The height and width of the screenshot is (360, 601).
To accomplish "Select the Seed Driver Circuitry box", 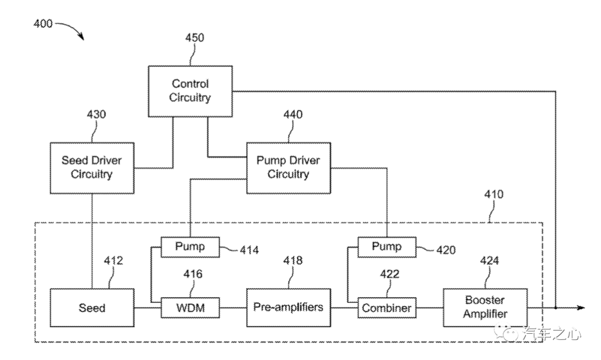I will click(92, 167).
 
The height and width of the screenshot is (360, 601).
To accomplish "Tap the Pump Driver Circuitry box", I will click(288, 167).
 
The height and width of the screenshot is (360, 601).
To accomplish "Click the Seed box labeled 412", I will click(92, 307).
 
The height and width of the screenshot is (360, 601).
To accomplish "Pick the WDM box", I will click(190, 307).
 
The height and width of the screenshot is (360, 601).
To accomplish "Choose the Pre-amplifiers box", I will click(288, 307).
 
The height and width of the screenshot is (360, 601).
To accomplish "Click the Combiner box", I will click(387, 308).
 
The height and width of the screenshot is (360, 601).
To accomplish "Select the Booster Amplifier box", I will click(485, 307).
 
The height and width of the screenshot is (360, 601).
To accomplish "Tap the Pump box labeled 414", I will click(190, 246).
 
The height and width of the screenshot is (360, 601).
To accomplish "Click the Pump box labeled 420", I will click(387, 246).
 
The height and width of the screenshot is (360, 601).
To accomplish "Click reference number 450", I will click(194, 38).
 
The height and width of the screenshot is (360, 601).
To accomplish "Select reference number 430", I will click(96, 115).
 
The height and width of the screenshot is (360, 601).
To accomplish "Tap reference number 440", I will click(293, 115).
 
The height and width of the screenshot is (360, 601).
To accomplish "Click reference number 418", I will click(293, 260).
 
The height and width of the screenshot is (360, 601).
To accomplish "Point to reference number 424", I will click(489, 260).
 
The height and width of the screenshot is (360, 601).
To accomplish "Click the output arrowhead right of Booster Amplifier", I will click(580, 307).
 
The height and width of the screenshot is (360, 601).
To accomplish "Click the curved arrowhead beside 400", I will click(81, 38).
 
